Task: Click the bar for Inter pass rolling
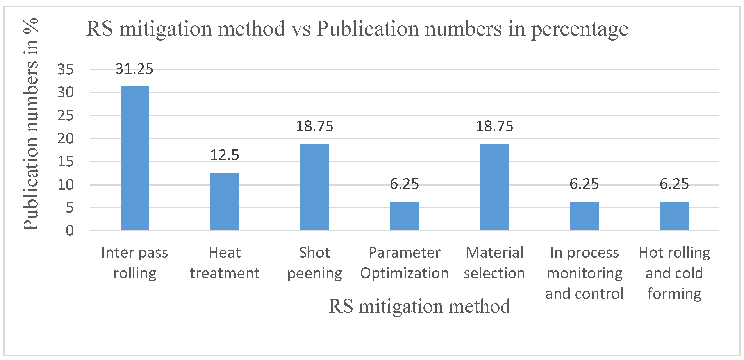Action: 135,158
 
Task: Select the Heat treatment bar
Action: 224,201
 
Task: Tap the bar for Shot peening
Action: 314,187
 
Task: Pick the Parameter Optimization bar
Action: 404,216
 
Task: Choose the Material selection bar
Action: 494,187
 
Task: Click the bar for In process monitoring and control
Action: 584,216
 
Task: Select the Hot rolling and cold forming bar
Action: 674,216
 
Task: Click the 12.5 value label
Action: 224,155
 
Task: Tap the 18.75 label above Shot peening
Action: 314,127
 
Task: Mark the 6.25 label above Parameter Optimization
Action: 404,184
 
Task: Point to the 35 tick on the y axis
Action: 66,70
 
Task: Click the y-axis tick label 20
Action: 66,138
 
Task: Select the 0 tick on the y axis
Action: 70,231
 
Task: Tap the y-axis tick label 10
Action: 66,185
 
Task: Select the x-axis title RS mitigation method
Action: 419,306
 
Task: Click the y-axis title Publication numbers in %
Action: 31,124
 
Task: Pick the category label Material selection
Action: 494,263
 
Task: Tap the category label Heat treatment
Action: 224,263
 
